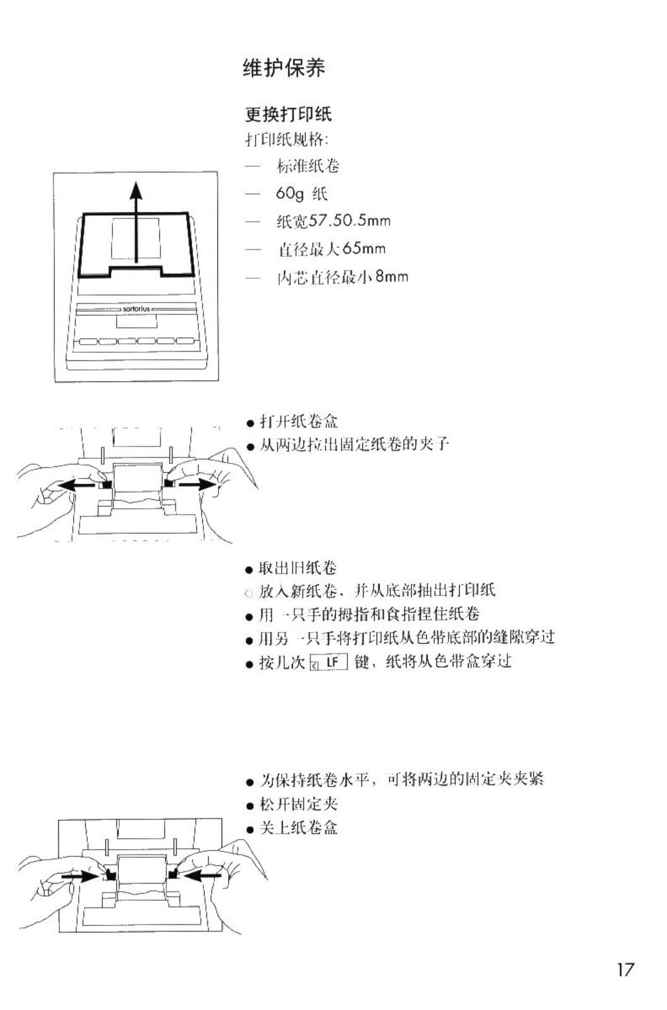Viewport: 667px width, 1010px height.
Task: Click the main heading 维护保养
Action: click(284, 68)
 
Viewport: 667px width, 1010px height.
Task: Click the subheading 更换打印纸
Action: click(288, 114)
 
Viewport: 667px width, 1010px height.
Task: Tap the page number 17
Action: click(625, 970)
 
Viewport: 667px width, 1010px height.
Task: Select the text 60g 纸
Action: click(301, 193)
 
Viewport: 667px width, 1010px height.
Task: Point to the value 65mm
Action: click(364, 248)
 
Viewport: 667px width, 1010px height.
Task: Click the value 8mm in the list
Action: click(392, 276)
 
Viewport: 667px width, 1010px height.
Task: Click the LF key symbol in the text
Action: click(328, 663)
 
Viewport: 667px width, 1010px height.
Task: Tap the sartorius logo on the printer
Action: click(136, 309)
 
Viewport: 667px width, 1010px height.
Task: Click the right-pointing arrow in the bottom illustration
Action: click(80, 877)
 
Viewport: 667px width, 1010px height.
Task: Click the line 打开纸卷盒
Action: click(299, 421)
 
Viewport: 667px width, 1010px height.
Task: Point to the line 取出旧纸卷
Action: click(297, 568)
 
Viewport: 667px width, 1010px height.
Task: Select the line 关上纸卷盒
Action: click(299, 828)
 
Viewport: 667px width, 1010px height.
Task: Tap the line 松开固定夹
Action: click(299, 804)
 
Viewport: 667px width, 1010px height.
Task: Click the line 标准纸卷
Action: click(308, 166)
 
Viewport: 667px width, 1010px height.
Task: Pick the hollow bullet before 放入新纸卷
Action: click(249, 593)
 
